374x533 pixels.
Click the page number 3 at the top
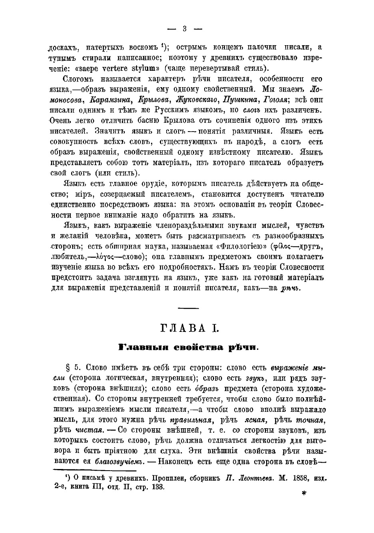point(185,28)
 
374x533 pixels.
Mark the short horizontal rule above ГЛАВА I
point(188,307)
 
